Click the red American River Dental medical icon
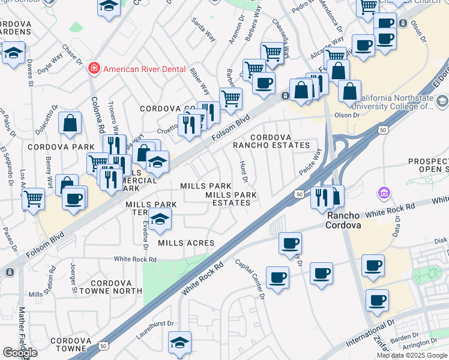[x=94, y=69]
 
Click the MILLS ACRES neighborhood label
[x=186, y=243]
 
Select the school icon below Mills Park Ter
[x=160, y=220]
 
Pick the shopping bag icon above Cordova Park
[x=70, y=123]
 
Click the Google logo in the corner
[x=20, y=352]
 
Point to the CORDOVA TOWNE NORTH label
[x=116, y=287]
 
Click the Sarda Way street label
[x=203, y=29]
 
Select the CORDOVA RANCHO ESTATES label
[x=280, y=141]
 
